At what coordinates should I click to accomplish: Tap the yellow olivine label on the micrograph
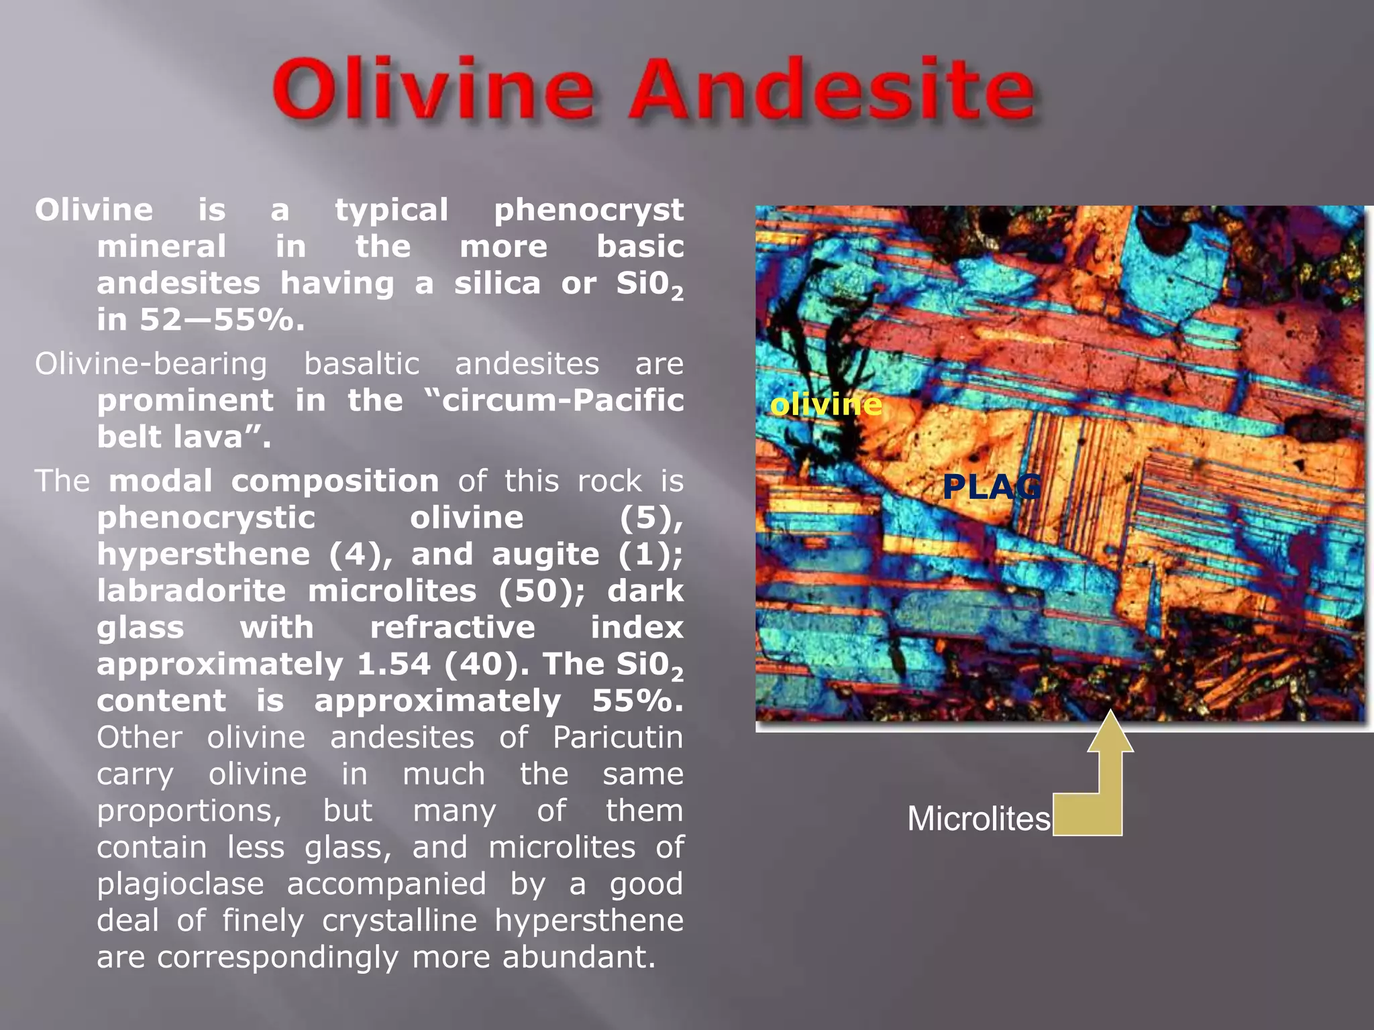click(826, 404)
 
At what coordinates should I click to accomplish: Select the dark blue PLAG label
click(992, 486)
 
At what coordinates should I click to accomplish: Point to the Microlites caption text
click(978, 819)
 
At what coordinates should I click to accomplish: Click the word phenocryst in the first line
click(588, 210)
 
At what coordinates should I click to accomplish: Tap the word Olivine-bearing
click(151, 364)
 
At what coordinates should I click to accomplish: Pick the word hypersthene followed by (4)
click(203, 554)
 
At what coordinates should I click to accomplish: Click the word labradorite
click(191, 591)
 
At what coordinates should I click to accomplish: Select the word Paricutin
click(618, 738)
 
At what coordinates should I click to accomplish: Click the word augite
click(545, 554)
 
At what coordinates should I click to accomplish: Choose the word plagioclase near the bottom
click(180, 884)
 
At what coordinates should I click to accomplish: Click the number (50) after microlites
click(541, 591)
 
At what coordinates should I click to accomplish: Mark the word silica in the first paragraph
click(497, 283)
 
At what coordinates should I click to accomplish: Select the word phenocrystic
click(206, 518)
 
